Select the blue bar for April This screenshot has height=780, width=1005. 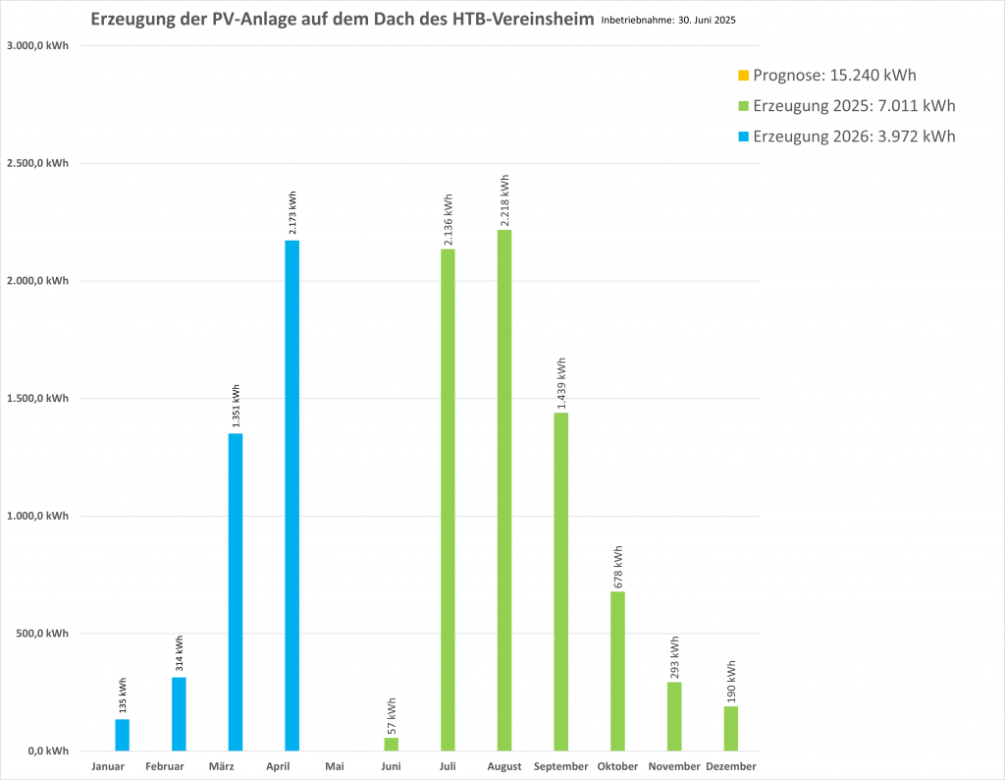click(291, 495)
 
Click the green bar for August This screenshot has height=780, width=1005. click(504, 490)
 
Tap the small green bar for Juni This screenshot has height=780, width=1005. click(391, 744)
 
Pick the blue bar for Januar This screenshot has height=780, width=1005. click(122, 735)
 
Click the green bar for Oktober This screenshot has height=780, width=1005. click(618, 671)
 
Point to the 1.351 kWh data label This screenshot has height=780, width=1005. click(236, 406)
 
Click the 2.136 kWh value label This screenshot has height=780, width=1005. click(448, 219)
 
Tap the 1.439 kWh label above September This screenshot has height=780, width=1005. click(561, 383)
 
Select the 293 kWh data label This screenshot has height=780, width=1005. click(674, 657)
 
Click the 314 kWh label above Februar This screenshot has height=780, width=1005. click(179, 653)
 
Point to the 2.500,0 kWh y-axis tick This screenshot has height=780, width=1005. click(38, 163)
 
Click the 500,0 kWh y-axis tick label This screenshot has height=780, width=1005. click(43, 633)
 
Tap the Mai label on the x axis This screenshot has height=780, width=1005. click(335, 766)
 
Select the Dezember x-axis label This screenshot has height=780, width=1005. click(730, 766)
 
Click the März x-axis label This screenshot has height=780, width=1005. click(221, 766)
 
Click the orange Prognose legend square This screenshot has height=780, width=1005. click(744, 76)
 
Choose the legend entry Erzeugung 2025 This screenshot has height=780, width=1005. click(847, 106)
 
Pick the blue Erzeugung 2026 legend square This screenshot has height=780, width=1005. click(744, 137)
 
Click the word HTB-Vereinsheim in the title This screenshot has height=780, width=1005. click(523, 19)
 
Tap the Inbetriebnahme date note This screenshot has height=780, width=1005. click(668, 20)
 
